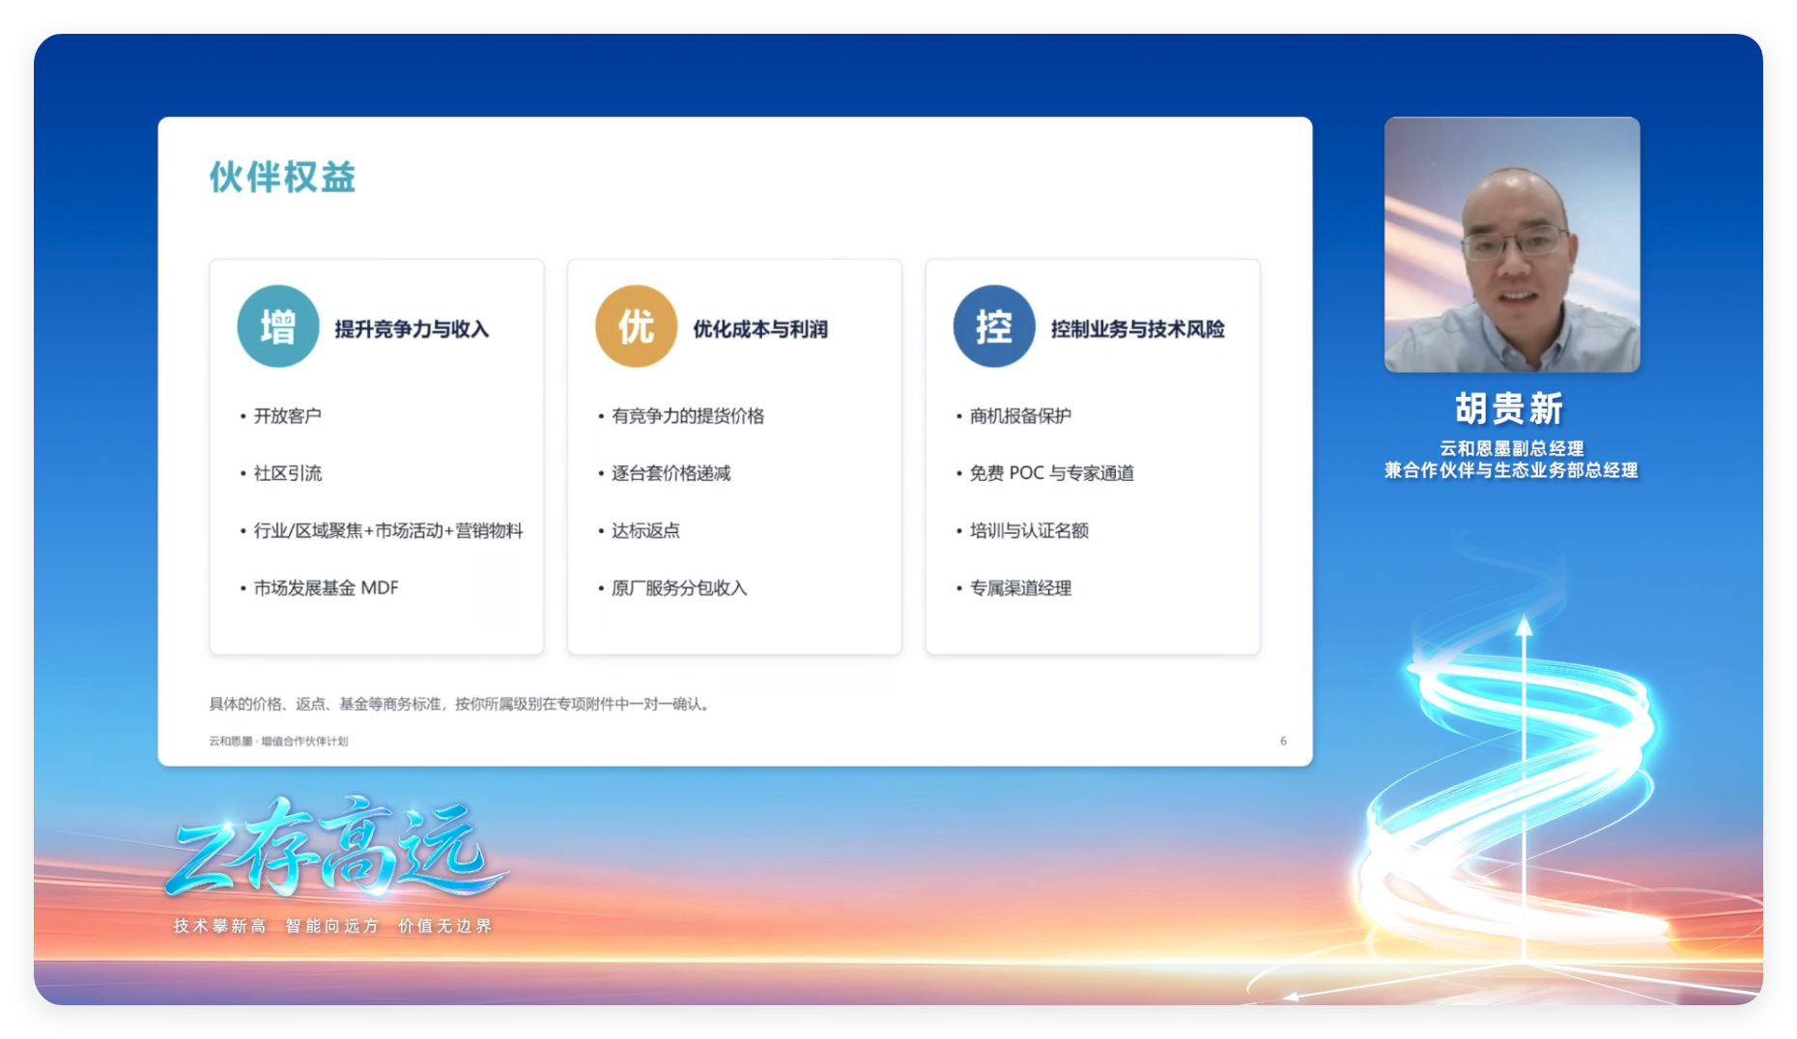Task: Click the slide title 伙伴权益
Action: point(282,178)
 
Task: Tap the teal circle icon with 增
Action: point(278,326)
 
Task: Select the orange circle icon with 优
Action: point(636,326)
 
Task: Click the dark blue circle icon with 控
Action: point(994,326)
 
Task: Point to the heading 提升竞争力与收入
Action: point(412,329)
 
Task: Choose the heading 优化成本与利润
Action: point(760,329)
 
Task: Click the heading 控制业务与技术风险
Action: point(1138,329)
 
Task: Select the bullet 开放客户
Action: point(287,416)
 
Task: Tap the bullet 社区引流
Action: point(287,473)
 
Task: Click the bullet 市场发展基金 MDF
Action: point(326,588)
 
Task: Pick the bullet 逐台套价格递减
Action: point(670,473)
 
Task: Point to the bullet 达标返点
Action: point(645,531)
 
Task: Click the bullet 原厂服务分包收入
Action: point(679,588)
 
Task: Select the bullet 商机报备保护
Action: point(1020,416)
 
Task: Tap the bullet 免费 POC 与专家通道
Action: point(1052,473)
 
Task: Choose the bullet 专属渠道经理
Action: point(1020,588)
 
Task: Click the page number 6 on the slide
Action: point(1283,741)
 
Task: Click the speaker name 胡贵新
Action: point(1510,408)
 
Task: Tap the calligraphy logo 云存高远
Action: point(333,847)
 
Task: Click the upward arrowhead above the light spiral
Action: point(1525,626)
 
